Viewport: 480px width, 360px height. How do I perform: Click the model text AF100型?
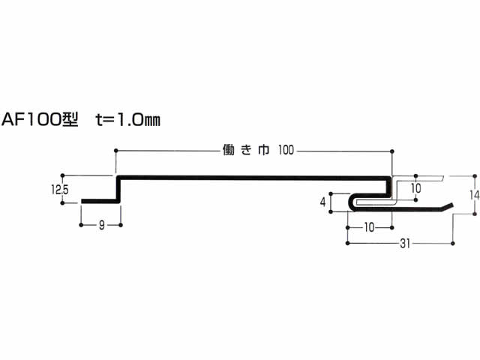(40, 119)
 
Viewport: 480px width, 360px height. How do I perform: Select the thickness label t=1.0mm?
(128, 119)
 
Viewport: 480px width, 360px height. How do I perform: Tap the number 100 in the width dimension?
(286, 150)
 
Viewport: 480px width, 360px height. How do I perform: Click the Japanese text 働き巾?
(246, 150)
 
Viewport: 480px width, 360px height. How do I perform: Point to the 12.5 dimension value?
(60, 190)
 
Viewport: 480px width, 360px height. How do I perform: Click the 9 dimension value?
(102, 225)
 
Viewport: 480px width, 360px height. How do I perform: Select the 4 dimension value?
(322, 202)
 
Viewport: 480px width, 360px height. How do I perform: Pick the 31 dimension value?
(405, 244)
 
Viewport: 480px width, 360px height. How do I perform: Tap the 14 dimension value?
(475, 195)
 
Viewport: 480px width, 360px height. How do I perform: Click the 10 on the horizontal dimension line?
(369, 227)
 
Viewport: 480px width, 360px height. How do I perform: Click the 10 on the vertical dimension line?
(415, 188)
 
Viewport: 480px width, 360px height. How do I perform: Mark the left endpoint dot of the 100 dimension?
(115, 151)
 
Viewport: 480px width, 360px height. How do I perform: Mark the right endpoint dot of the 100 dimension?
(392, 151)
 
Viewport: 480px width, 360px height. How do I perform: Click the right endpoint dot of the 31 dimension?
(453, 243)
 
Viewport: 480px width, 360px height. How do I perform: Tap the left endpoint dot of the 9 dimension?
(81, 225)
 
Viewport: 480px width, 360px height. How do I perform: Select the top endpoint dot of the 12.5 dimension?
(62, 175)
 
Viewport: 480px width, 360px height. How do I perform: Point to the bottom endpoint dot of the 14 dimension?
(475, 214)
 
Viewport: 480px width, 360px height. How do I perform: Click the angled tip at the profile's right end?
(452, 204)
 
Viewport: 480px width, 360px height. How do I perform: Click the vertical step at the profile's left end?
(118, 189)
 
